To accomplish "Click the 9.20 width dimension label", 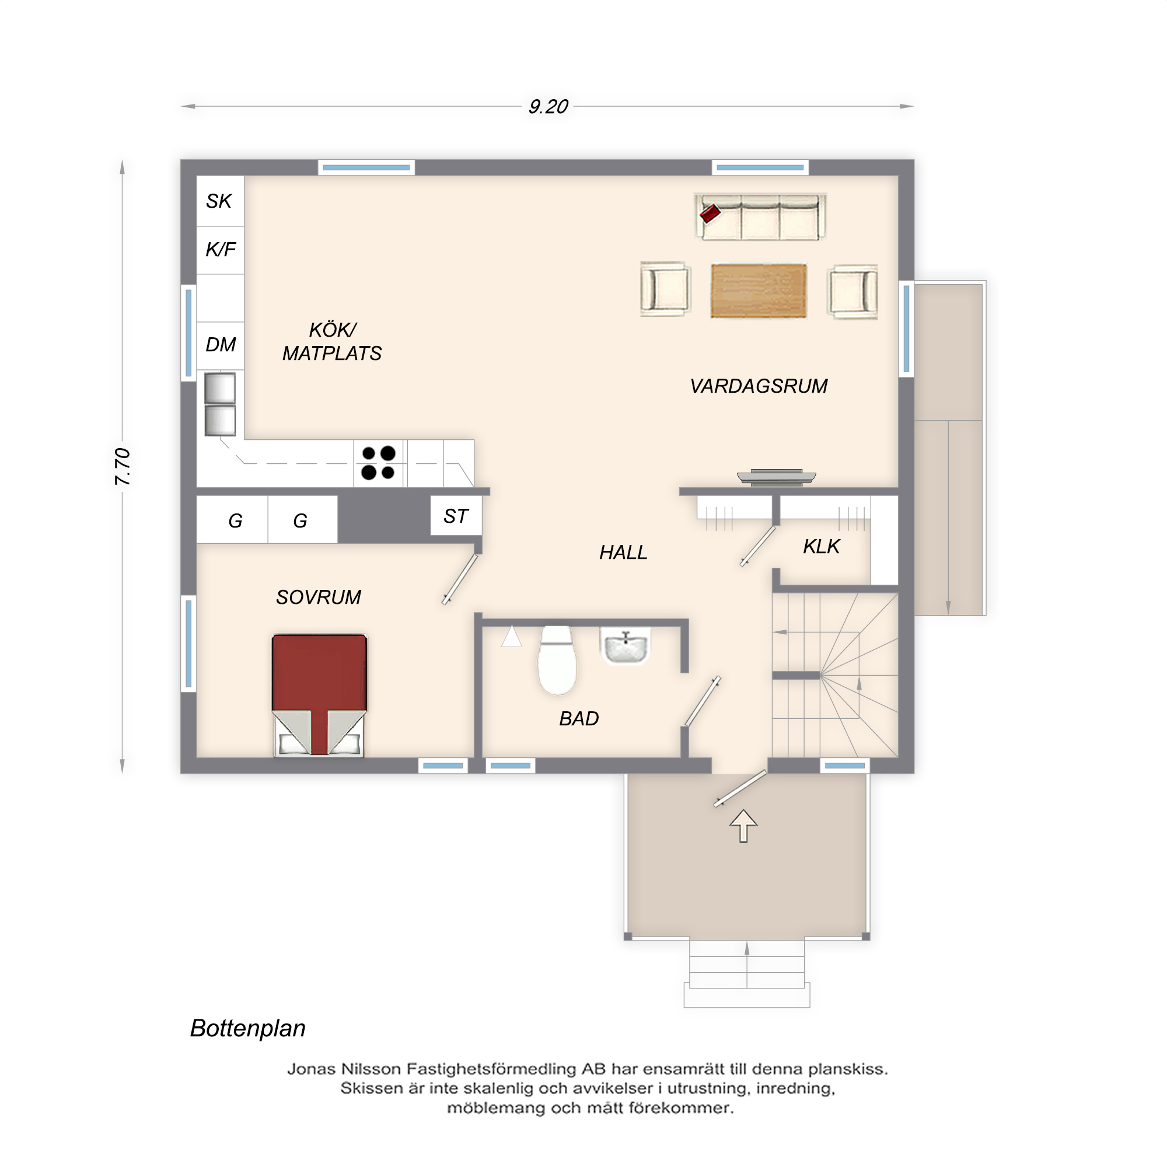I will (548, 107).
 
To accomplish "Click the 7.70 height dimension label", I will (123, 466).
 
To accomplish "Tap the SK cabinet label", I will (219, 201).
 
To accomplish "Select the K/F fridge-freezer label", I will (221, 250).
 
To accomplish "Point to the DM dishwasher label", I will (221, 345).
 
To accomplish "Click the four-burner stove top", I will (378, 463).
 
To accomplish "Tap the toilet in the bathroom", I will (556, 660).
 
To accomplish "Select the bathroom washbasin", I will (626, 647).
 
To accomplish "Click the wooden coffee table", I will (759, 291).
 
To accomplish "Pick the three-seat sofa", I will (761, 218).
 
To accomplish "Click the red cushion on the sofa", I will (710, 213).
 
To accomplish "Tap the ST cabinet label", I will (456, 516).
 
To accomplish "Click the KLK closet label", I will (821, 547).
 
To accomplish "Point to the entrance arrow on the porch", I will (743, 825).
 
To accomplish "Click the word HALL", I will (623, 552).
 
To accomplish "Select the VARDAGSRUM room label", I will (759, 386).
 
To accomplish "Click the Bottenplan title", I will (247, 1028).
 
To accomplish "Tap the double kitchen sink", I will (220, 404).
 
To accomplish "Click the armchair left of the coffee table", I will (665, 289).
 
